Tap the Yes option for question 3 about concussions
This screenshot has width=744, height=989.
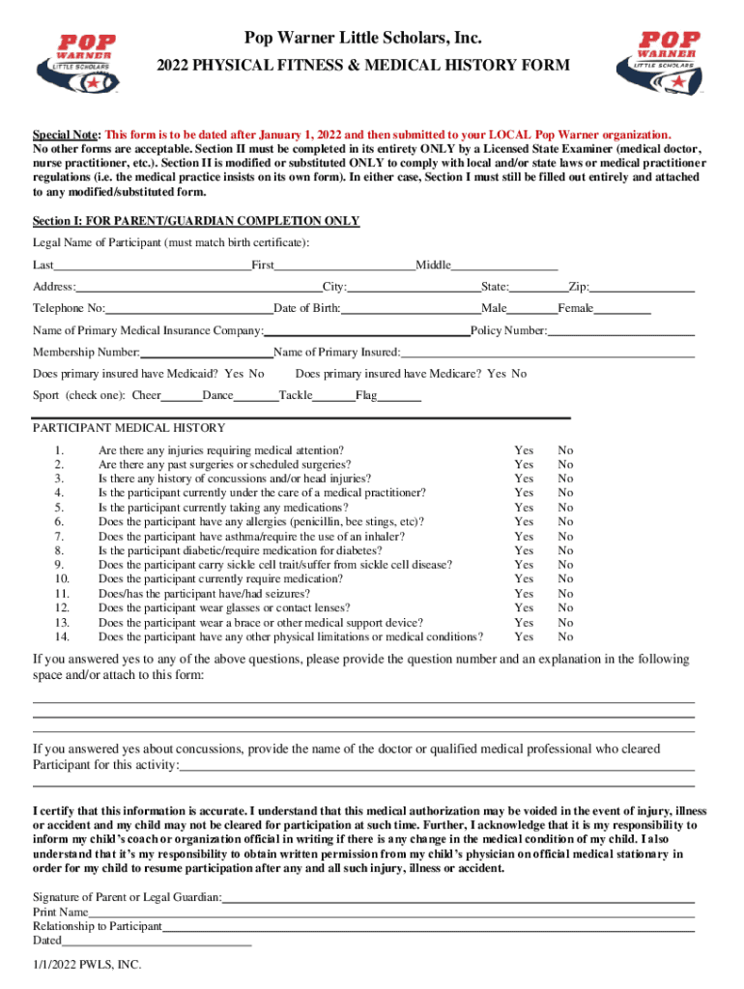pos(524,478)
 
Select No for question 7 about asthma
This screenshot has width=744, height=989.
pos(565,536)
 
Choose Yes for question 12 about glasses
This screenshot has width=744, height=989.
pos(524,608)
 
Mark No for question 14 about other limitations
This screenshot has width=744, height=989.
pos(565,636)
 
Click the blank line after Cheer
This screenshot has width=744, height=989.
pos(182,396)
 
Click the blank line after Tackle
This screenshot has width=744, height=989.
pos(333,396)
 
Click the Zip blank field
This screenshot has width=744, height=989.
pos(643,287)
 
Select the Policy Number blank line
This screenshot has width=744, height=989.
pos(621,331)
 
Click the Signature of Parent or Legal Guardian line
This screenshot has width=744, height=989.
pos(459,897)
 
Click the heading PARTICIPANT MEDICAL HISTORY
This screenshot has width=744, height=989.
pos(129,428)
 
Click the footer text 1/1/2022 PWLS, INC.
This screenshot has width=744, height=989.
pos(87,964)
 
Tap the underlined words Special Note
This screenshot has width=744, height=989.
pos(66,135)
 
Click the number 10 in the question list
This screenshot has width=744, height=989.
pos(61,579)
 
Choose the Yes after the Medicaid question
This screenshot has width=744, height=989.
pos(234,374)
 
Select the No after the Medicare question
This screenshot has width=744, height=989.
pos(519,374)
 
